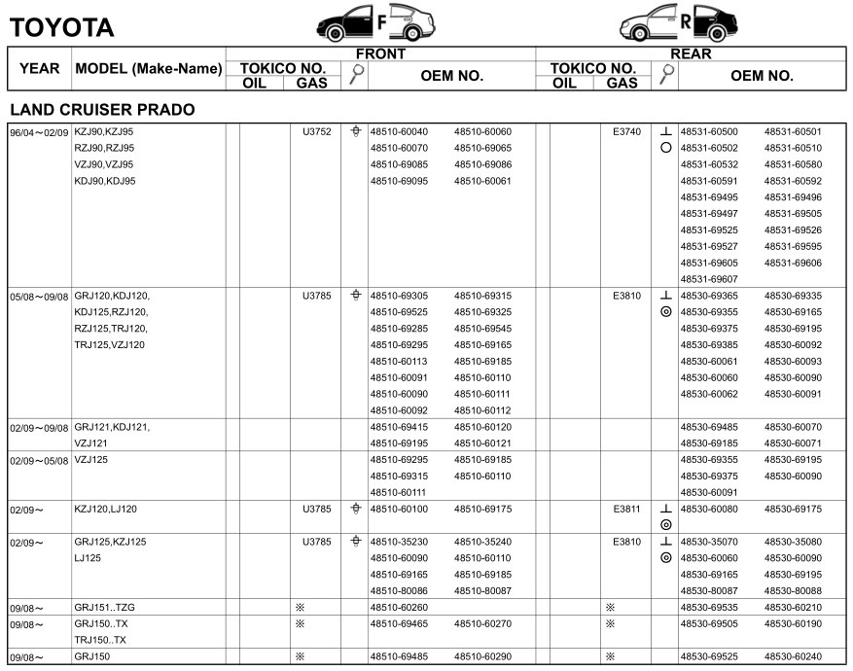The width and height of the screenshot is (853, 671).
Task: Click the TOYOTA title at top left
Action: click(61, 27)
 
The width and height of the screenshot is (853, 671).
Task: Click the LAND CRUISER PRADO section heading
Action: click(101, 110)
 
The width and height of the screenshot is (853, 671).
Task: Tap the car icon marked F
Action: click(374, 21)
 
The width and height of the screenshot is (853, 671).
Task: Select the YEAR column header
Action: click(40, 69)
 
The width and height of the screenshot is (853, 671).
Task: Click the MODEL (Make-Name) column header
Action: click(149, 69)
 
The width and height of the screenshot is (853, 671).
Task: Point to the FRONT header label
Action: click(380, 53)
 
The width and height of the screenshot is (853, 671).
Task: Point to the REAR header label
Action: click(691, 53)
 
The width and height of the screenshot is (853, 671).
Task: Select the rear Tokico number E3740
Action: click(626, 131)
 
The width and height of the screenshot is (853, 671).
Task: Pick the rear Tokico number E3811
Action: click(626, 508)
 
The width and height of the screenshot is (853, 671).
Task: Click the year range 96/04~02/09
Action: click(39, 131)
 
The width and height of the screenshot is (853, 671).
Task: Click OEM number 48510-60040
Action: click(399, 131)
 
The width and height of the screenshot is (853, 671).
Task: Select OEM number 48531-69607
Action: click(708, 280)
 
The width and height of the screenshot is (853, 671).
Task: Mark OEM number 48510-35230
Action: click(399, 542)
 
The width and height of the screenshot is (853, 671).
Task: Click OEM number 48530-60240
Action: click(793, 656)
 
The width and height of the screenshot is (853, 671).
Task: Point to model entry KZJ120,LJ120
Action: click(106, 508)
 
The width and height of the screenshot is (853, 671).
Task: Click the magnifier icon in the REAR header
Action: click(666, 76)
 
